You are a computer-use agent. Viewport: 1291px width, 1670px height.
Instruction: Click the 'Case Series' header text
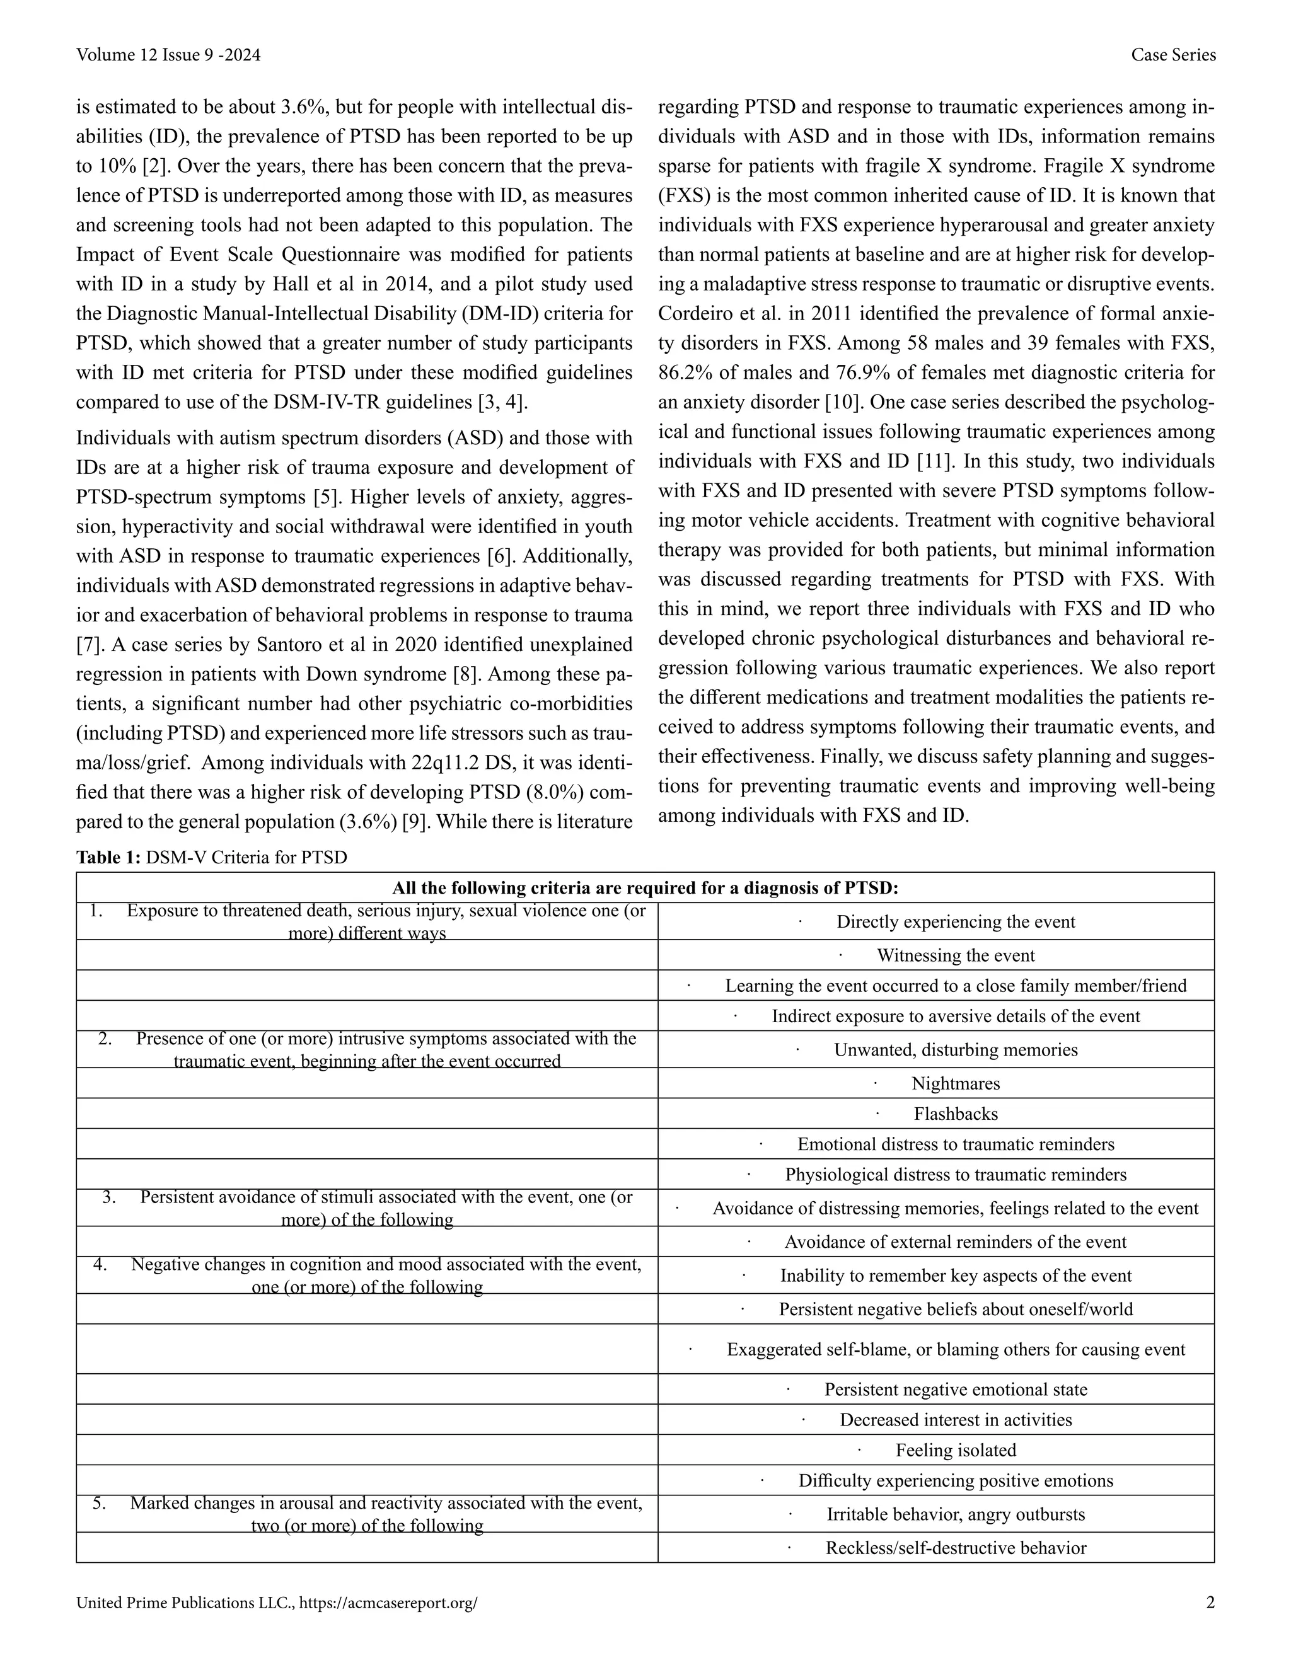pyautogui.click(x=1172, y=55)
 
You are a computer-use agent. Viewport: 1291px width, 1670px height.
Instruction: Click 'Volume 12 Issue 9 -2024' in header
pyautogui.click(x=168, y=55)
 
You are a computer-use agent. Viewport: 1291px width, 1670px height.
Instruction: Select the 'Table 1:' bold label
pyautogui.click(x=108, y=857)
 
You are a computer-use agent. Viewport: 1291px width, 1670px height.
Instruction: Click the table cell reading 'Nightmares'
pyautogui.click(x=955, y=1083)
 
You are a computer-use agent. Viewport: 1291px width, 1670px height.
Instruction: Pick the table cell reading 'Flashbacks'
pyautogui.click(x=955, y=1114)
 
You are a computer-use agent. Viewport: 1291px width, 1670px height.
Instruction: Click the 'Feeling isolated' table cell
pyautogui.click(x=955, y=1450)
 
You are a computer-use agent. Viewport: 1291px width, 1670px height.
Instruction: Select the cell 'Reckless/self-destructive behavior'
pyautogui.click(x=955, y=1548)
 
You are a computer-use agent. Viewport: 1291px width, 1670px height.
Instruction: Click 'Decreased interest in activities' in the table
pyautogui.click(x=955, y=1420)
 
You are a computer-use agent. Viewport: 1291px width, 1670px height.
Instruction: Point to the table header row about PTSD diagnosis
pyautogui.click(x=645, y=889)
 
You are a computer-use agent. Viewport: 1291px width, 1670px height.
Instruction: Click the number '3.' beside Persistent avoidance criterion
pyautogui.click(x=108, y=1197)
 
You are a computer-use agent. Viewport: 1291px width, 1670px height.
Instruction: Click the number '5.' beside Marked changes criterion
pyautogui.click(x=100, y=1503)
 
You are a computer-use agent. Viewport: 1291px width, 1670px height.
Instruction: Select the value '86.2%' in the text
pyautogui.click(x=684, y=373)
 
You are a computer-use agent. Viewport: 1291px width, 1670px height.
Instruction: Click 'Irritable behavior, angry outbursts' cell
pyautogui.click(x=955, y=1515)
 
